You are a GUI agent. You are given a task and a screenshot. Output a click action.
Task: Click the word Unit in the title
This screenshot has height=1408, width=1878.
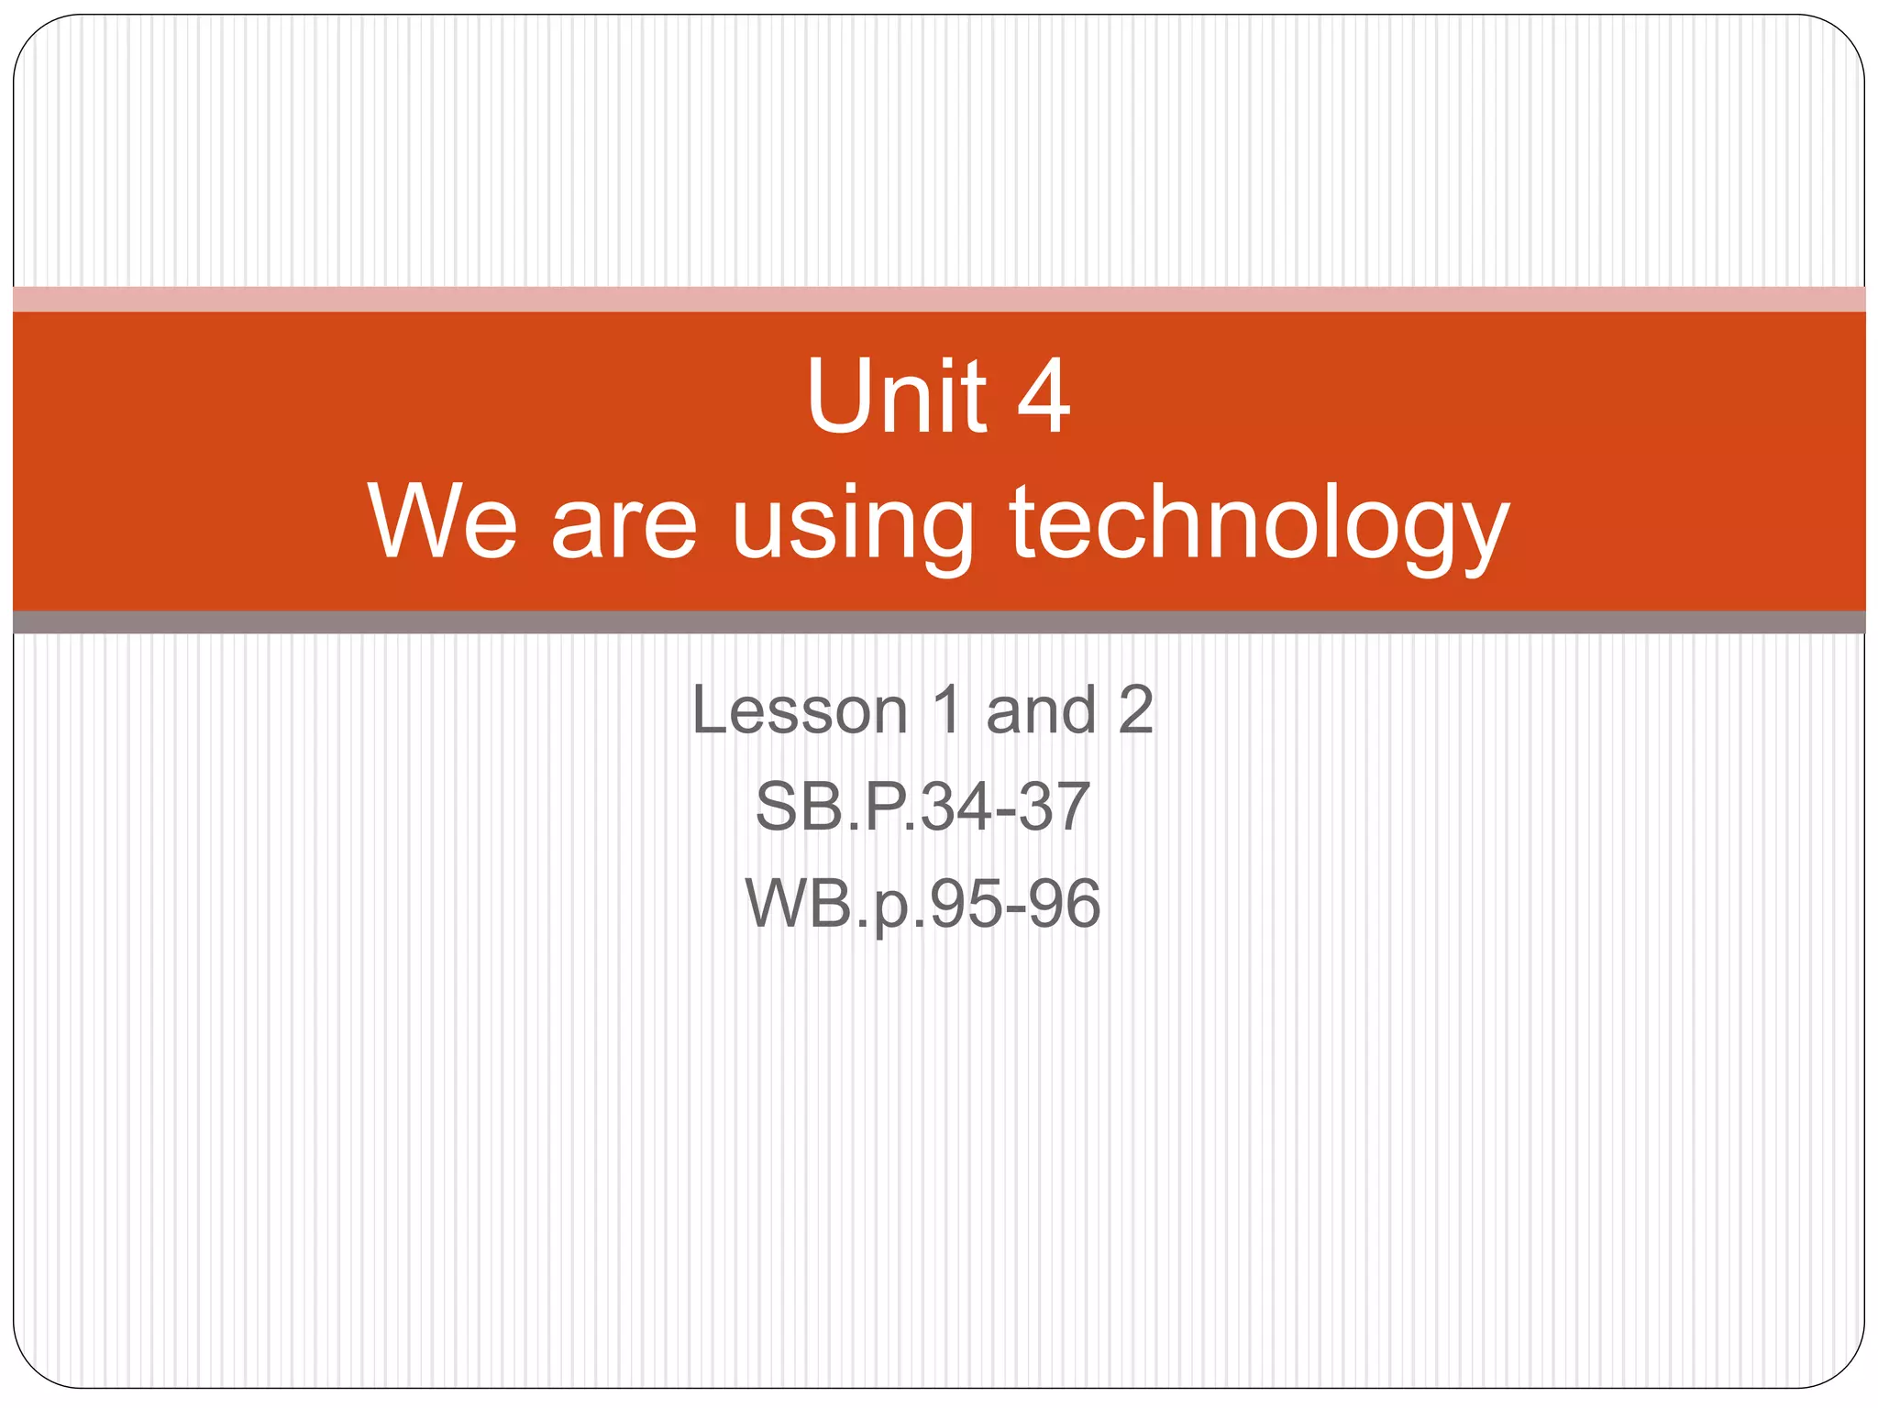897,396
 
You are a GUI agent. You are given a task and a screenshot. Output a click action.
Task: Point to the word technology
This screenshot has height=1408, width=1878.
1259,526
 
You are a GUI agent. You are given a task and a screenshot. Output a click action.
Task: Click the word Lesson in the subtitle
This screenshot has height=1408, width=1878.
800,710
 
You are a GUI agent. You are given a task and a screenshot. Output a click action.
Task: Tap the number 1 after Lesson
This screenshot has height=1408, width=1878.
947,710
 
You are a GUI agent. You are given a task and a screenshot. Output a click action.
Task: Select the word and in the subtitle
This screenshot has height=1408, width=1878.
1041,710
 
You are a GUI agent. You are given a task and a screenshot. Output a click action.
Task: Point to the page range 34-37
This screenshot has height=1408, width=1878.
1004,808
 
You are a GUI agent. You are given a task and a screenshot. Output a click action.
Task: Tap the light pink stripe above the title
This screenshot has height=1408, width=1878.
939,299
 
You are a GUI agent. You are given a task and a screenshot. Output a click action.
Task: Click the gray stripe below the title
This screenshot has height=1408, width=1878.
939,622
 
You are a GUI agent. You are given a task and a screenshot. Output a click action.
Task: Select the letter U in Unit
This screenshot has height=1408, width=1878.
836,396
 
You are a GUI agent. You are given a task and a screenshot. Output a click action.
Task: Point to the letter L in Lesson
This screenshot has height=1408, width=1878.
711,710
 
